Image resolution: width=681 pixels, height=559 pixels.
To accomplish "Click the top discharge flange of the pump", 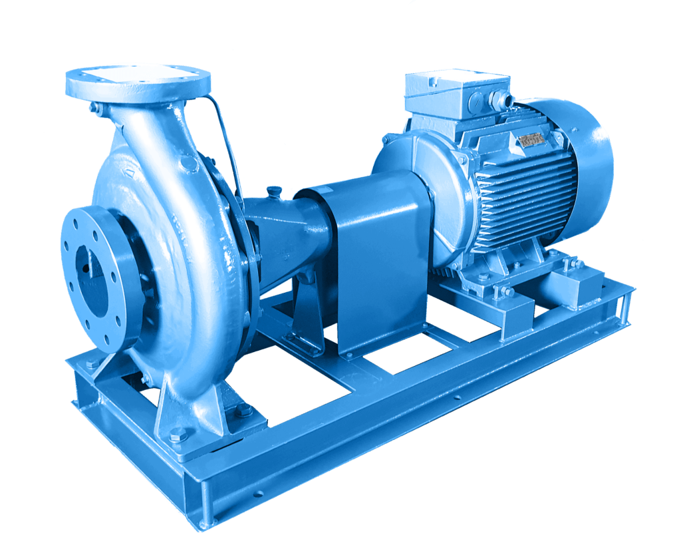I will point(138,81).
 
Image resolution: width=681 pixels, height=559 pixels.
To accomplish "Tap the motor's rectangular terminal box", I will point(457,91).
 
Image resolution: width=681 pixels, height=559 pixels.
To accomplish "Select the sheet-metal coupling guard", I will point(376,260).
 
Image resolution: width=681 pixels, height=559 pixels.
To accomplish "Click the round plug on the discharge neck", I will point(190,163).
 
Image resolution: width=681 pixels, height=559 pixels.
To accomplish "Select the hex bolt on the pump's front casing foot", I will point(177,436).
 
